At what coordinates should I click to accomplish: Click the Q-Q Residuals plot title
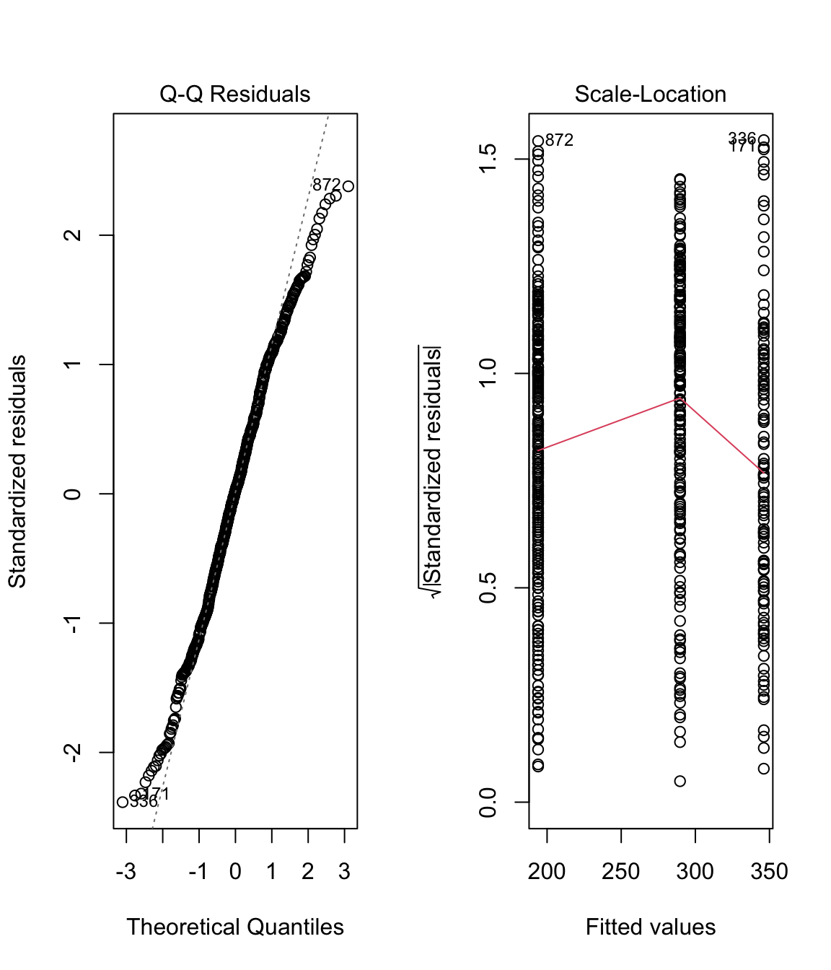point(234,95)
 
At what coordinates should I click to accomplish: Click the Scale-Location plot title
point(650,95)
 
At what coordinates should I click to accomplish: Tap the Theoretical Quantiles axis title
point(235,927)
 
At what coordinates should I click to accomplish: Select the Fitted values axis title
point(650,927)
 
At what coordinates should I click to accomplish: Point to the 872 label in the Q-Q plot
point(326,185)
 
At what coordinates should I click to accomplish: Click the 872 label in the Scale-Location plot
point(559,140)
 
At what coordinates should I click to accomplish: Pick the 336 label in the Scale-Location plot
point(742,138)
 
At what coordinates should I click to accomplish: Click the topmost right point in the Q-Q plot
point(348,186)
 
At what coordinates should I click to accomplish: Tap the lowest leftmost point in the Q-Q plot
point(123,802)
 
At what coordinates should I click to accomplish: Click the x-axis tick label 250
point(621,872)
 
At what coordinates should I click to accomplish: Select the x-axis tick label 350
point(769,872)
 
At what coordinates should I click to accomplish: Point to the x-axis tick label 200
point(547,872)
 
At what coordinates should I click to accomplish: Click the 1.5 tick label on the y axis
point(488,159)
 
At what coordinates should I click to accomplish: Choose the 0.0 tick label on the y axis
point(488,802)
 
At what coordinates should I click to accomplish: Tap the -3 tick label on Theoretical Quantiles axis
point(126,872)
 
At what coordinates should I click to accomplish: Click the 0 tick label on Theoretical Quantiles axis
point(235,872)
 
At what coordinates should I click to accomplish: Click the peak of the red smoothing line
point(680,397)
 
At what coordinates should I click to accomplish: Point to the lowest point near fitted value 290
point(680,781)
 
